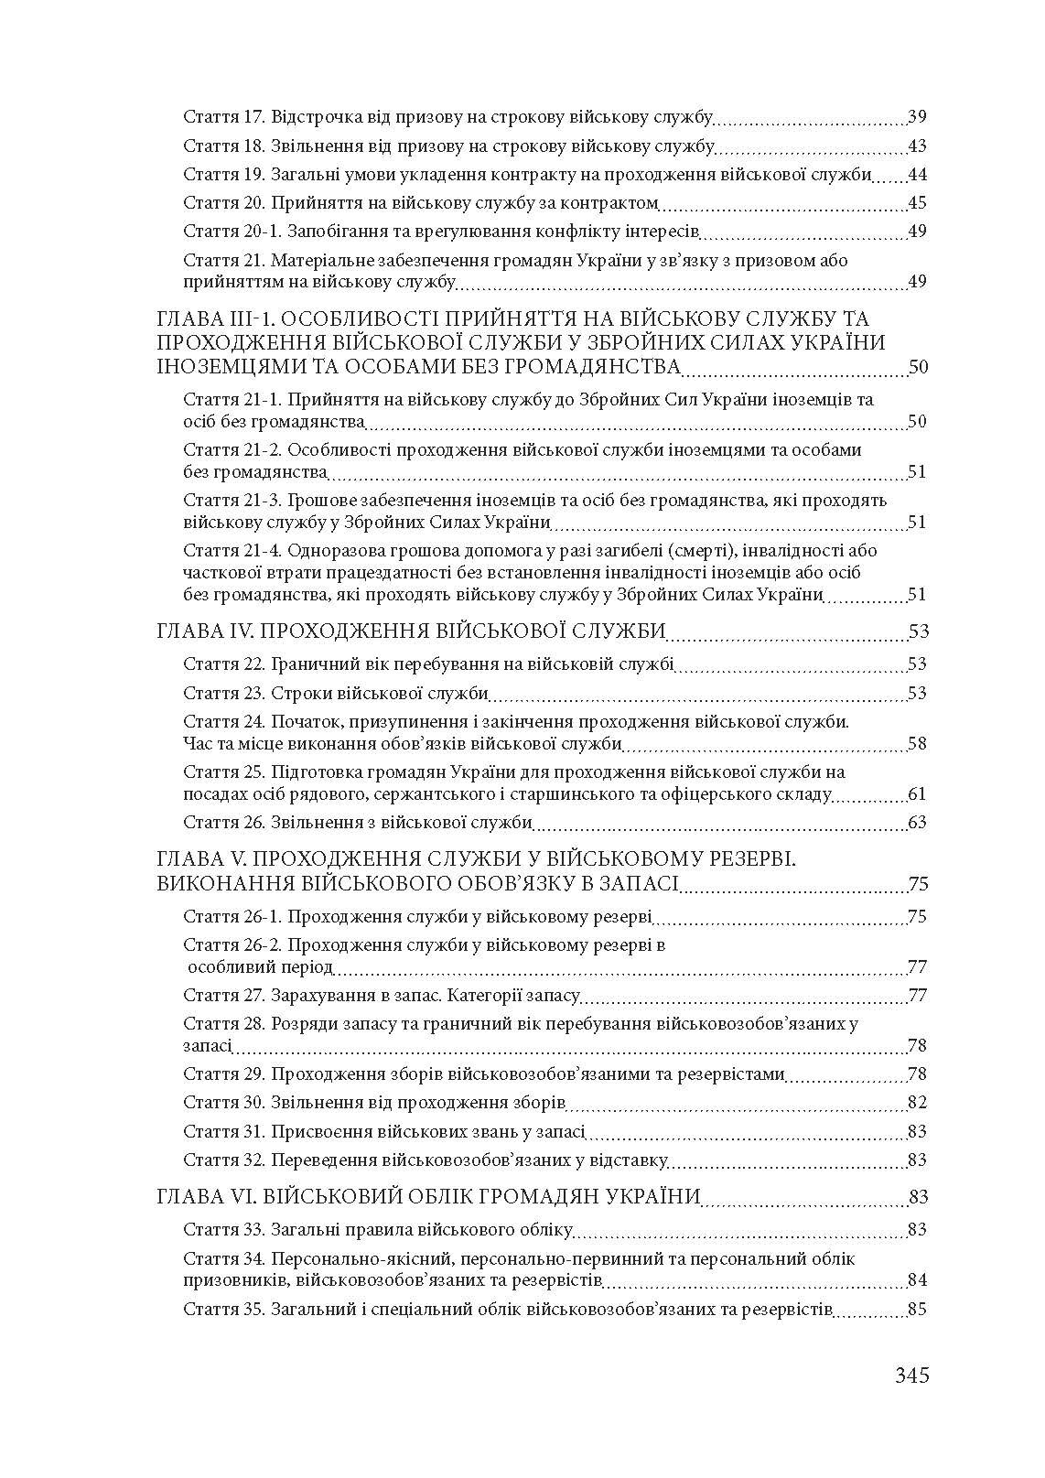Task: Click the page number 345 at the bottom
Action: (x=911, y=1375)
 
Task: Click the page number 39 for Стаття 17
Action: (x=917, y=117)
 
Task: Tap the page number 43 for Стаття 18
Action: (x=917, y=146)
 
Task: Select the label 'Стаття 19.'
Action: (x=223, y=174)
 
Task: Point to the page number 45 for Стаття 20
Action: (x=917, y=202)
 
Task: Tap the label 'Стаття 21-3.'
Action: (x=232, y=501)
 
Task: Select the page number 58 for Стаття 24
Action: (x=917, y=743)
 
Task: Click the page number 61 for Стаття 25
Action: (x=917, y=793)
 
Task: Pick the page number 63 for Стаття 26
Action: (x=917, y=822)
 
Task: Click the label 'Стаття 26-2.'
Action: (x=232, y=944)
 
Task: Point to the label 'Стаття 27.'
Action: (x=223, y=995)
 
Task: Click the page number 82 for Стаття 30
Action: (x=917, y=1102)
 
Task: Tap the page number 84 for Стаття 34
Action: (x=917, y=1279)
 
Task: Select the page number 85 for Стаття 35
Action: (x=917, y=1309)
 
